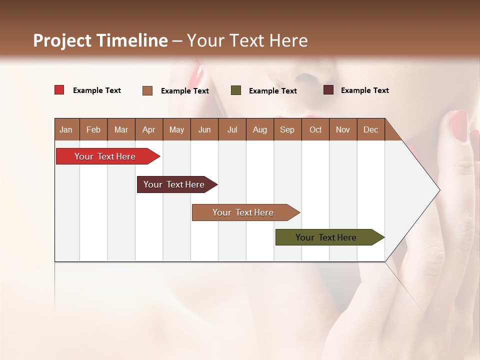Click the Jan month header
tap(66, 129)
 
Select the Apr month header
tap(148, 129)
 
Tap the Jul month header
tap(232, 129)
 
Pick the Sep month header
tap(287, 129)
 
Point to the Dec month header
tap(370, 129)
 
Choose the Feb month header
tap(93, 129)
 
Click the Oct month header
tap(315, 129)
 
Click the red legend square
tap(59, 90)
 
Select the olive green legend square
tap(236, 90)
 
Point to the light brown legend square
tap(147, 90)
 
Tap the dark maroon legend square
tap(328, 90)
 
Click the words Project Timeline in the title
tap(100, 40)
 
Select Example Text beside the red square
tap(97, 90)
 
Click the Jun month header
tap(204, 129)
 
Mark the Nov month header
tap(343, 129)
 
